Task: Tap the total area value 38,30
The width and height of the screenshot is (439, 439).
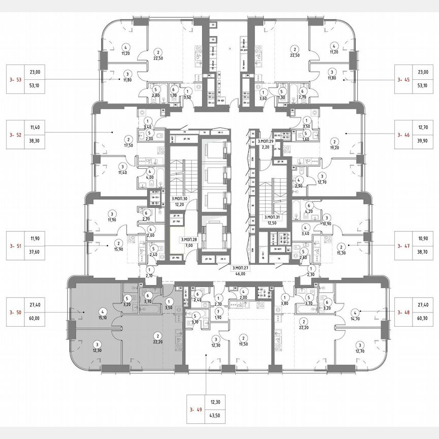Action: [x=35, y=143]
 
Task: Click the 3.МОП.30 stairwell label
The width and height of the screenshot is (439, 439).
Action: [x=179, y=199]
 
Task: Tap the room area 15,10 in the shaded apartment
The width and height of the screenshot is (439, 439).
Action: [x=103, y=319]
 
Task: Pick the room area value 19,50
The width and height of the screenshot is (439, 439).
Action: [x=244, y=344]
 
